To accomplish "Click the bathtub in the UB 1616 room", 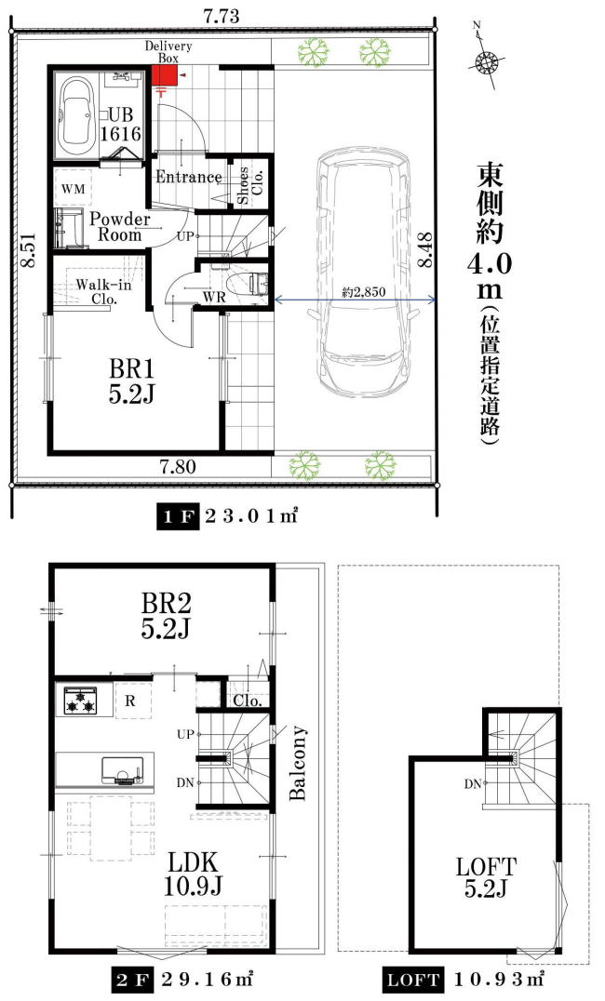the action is [77, 113].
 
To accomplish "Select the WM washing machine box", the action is [74, 189].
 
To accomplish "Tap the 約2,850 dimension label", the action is [364, 292].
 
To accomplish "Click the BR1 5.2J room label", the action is [131, 381].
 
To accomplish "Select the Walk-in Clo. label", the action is [103, 291].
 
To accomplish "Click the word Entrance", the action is [189, 177].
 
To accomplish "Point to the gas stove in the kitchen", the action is [80, 701].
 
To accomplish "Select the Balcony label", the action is [298, 762].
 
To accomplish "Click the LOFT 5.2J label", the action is [486, 878].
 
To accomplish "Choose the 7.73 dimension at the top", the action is [222, 17].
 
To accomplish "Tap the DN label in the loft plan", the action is [473, 784].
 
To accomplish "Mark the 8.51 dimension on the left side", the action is [28, 249].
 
